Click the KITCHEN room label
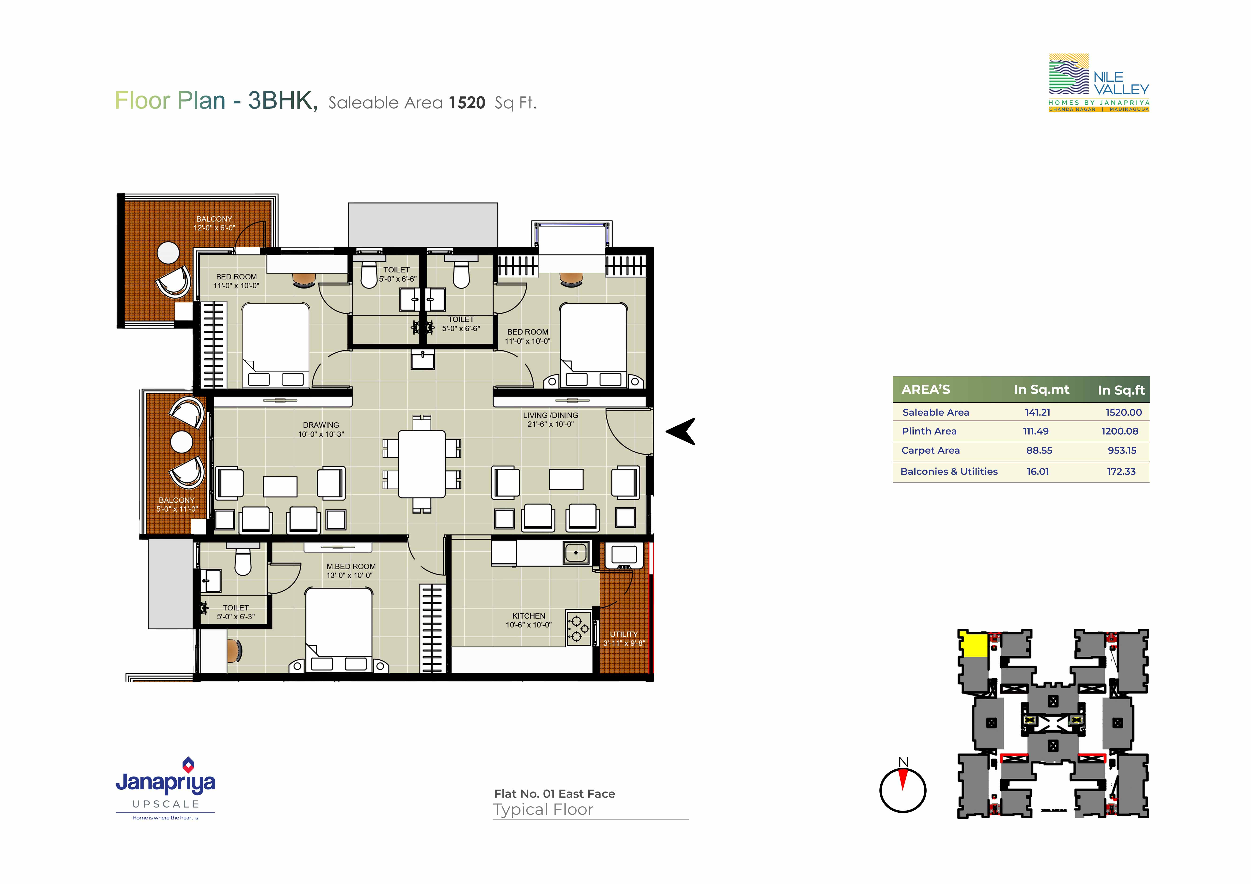point(529,616)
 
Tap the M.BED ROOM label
point(351,566)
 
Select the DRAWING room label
point(321,425)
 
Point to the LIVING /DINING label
point(550,415)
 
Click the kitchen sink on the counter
point(576,553)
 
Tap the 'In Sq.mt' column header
point(1041,390)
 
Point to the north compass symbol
point(903,786)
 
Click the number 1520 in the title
point(467,103)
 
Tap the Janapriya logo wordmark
point(166,783)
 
